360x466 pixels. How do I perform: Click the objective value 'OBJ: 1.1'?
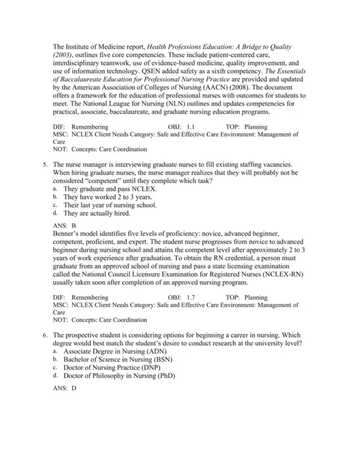click(182, 127)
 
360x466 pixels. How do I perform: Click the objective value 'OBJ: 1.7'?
click(182, 297)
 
